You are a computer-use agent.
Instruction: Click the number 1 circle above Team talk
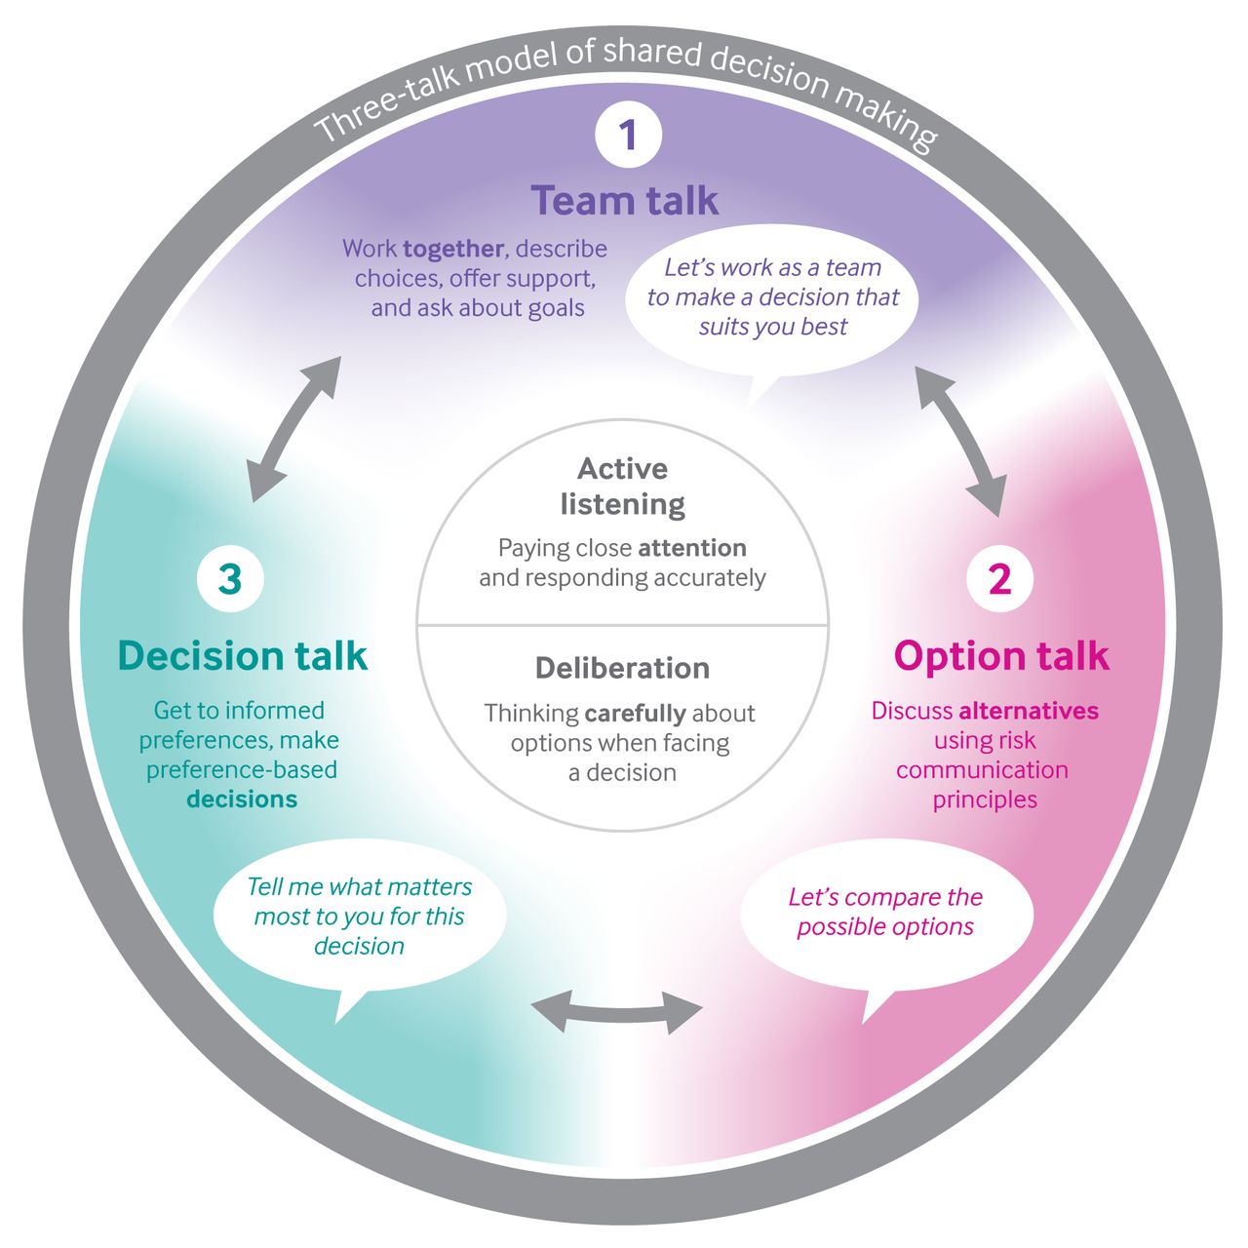(628, 135)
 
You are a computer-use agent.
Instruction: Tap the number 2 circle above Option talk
(1000, 578)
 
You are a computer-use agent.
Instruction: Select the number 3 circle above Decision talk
(230, 578)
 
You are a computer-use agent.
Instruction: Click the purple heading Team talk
(624, 200)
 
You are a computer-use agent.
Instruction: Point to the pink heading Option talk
(1001, 655)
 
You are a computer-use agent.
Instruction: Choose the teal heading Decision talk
(242, 655)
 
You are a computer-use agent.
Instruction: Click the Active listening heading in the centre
(622, 487)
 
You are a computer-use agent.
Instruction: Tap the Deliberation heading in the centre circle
(622, 669)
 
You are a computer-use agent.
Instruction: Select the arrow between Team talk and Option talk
(961, 442)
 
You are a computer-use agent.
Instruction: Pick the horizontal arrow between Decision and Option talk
(616, 1012)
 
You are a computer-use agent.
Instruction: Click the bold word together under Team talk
(453, 250)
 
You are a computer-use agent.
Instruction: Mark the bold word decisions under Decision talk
(242, 799)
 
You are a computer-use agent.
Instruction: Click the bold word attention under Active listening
(692, 549)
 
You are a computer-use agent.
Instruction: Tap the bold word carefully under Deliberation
(635, 714)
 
